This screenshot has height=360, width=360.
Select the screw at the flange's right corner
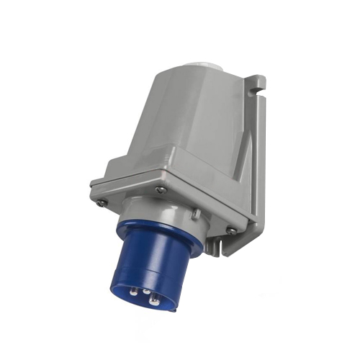tap(230, 230)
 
